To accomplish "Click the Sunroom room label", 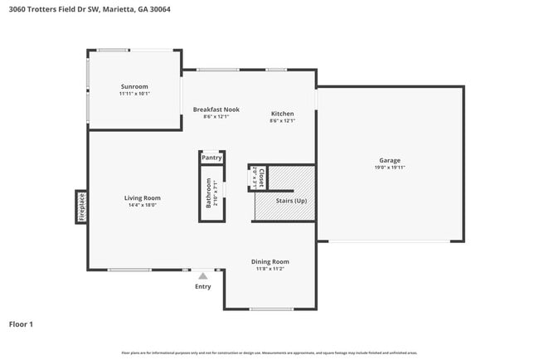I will (134, 86).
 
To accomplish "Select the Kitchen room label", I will (282, 113).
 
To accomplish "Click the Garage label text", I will (390, 160).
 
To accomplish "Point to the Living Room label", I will (142, 198).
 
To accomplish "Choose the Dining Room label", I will (270, 261).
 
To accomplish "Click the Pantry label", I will (211, 157).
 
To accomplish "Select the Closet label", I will (261, 177).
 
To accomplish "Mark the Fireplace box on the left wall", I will (81, 206).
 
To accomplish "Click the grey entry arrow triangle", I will (203, 275).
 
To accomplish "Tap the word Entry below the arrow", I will (203, 287).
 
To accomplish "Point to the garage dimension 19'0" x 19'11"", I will (390, 168).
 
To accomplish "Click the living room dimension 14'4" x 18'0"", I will (142, 206).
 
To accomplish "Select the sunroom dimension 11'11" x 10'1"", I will (134, 94).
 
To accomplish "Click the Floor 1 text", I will (21, 324).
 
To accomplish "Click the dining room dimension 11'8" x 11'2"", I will (270, 269).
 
